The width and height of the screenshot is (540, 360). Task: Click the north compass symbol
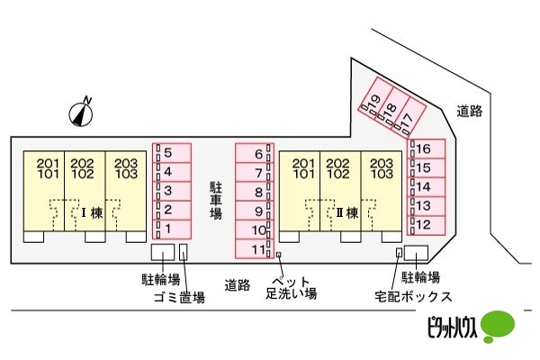[x=81, y=113]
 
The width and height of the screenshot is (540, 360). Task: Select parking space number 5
[x=172, y=153]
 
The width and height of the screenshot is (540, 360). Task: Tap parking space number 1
[x=172, y=229]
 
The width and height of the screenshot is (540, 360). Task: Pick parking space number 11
[x=255, y=249]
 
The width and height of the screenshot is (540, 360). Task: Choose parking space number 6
[x=255, y=153]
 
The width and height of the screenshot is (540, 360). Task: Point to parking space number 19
[x=372, y=98]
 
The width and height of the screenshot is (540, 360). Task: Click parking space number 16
[x=427, y=148]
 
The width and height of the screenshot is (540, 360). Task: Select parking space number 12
[x=427, y=225]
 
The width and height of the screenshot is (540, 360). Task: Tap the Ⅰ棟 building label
[x=92, y=213]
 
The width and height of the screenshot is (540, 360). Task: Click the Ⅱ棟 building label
[x=347, y=213]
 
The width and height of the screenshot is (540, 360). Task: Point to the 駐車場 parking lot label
[x=216, y=201]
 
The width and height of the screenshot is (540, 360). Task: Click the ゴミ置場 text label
[x=179, y=297]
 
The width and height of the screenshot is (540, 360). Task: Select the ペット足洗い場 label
[x=291, y=288]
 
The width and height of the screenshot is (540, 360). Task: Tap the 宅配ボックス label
[x=413, y=297]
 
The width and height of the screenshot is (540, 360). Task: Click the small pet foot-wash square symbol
[x=279, y=255]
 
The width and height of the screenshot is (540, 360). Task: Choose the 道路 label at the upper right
[x=470, y=111]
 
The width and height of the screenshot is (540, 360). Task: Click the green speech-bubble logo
[x=498, y=326]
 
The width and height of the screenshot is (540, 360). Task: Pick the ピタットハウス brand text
[x=452, y=327]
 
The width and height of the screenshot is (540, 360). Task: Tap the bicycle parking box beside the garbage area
[x=163, y=252]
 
